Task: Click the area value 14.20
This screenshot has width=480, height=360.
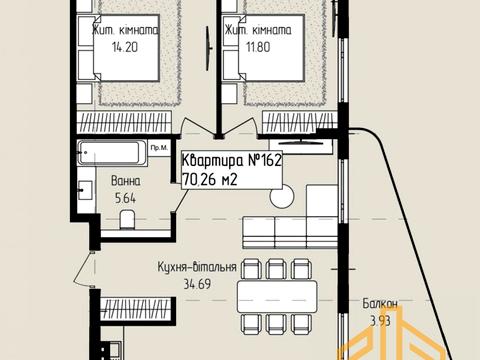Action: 125,47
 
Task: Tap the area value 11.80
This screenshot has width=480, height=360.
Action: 258,47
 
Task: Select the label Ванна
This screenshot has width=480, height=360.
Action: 126,181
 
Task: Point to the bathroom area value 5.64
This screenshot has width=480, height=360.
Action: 125,199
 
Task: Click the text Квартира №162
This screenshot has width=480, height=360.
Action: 232,161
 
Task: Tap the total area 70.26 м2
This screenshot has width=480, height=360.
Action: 210,180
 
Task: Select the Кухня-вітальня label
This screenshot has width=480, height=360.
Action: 197,267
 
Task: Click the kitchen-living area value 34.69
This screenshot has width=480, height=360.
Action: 197,284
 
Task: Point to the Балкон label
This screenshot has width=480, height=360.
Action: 380,304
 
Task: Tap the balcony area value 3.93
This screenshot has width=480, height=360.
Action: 380,321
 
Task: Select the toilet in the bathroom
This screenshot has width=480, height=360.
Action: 127,219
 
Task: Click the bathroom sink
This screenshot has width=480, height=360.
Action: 85,190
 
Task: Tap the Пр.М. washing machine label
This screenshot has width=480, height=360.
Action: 159,148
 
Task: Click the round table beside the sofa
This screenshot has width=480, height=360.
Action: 282,196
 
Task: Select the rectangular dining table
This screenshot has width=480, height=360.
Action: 277,296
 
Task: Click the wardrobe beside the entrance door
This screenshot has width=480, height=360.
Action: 138,309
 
